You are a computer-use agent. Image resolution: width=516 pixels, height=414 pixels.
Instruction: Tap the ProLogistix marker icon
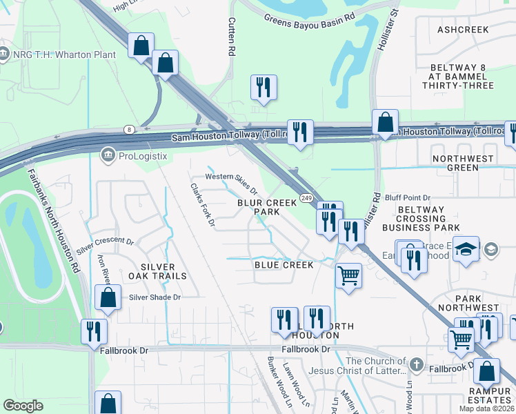[108, 155]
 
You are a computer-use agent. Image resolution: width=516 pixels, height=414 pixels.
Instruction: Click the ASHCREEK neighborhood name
[463, 30]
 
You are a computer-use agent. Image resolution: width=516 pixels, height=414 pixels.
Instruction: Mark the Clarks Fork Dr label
[203, 205]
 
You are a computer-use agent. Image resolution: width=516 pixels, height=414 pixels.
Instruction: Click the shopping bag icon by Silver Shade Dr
[108, 297]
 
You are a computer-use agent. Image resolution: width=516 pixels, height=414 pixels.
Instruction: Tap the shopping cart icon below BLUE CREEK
[348, 276]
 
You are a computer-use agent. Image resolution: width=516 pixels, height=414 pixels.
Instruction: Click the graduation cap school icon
[466, 249]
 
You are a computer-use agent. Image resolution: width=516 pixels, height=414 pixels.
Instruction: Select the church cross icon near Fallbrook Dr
[416, 364]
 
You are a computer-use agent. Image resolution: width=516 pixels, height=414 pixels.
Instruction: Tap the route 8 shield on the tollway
[129, 129]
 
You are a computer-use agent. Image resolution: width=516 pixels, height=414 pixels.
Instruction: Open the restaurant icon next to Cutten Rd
[264, 87]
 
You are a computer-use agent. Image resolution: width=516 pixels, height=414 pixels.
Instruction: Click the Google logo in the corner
[23, 406]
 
